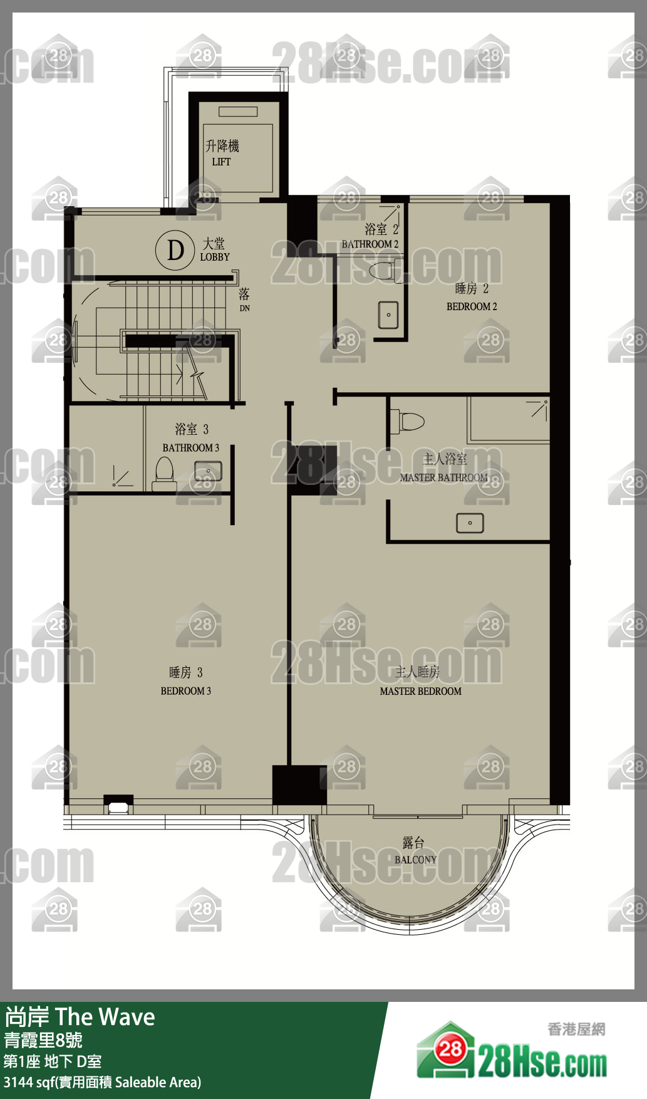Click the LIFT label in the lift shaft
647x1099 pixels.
pyautogui.click(x=221, y=162)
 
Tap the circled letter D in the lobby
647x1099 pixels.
pyautogui.click(x=175, y=251)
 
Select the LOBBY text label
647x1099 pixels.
pyautogui.click(x=215, y=257)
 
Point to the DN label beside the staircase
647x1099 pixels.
pyautogui.click(x=244, y=308)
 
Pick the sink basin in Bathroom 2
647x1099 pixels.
pyautogui.click(x=388, y=315)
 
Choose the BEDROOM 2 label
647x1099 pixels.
pyautogui.click(x=472, y=306)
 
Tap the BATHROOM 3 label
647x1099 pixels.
pyautogui.click(x=191, y=448)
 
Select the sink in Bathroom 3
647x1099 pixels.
pyautogui.click(x=208, y=471)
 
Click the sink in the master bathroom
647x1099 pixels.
pyautogui.click(x=470, y=523)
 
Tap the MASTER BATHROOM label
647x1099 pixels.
pyautogui.click(x=443, y=477)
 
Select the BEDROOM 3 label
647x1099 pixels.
pyautogui.click(x=186, y=691)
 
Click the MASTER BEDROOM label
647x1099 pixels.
pyautogui.click(x=420, y=691)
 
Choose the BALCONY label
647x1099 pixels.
pyautogui.click(x=415, y=860)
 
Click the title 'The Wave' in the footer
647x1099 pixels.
pyautogui.click(x=105, y=1017)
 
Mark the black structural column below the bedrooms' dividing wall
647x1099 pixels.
pyautogui.click(x=299, y=785)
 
